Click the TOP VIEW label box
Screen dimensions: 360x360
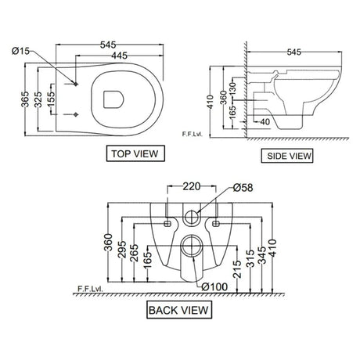click(x=135, y=153)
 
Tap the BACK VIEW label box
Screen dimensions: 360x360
click(x=179, y=311)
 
